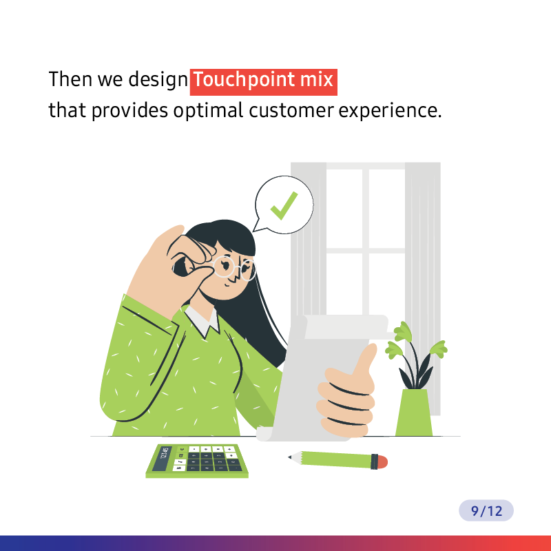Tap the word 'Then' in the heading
coord(70,79)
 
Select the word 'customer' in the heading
coord(291,111)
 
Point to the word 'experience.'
coord(390,112)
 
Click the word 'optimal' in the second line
coord(208,112)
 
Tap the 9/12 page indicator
coord(486,510)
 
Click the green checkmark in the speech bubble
coord(283,206)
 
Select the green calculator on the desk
coord(197,461)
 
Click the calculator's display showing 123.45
coord(163,459)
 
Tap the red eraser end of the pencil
coord(383,461)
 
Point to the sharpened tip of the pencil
coord(289,457)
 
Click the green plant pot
coord(414,413)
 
